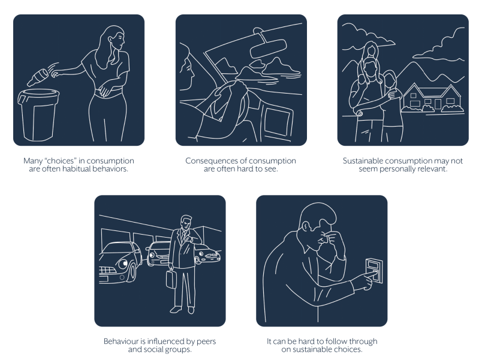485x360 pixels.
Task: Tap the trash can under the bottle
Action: tap(38, 115)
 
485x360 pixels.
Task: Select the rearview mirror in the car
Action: tap(268, 48)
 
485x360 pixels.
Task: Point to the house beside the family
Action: tap(432, 98)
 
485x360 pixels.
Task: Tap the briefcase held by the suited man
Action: tap(171, 278)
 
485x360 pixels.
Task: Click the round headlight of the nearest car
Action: tap(123, 264)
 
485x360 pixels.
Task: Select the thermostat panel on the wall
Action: tap(374, 270)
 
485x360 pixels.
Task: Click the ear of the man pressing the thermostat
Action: tap(306, 227)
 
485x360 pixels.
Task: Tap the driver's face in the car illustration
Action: tap(188, 72)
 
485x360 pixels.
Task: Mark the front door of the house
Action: tap(438, 104)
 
